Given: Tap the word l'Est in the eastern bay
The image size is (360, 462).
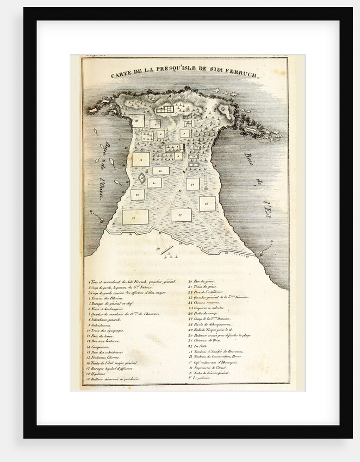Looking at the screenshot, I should pyautogui.click(x=268, y=209).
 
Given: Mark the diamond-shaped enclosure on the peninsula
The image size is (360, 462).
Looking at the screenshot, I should pyautogui.click(x=141, y=178).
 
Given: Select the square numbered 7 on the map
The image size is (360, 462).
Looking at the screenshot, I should pyautogui.click(x=184, y=133).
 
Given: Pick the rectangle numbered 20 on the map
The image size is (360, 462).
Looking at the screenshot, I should pyautogui.click(x=161, y=171).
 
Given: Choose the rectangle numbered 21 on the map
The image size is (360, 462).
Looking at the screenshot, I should pyautogui.click(x=154, y=183).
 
